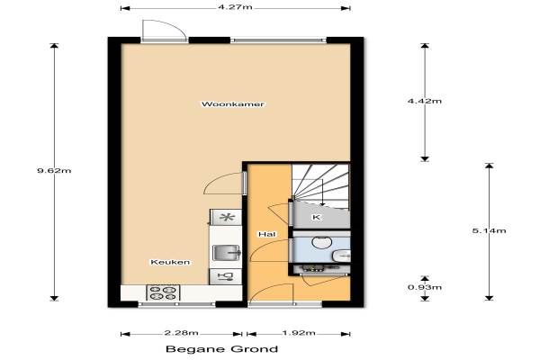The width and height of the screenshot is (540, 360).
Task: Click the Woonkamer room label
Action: (x=233, y=104)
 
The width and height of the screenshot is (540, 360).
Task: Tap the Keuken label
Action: (x=170, y=262)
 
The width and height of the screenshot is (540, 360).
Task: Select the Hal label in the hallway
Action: (x=267, y=234)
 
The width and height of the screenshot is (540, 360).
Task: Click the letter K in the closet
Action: (x=316, y=217)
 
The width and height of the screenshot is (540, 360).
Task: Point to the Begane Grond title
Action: (x=221, y=349)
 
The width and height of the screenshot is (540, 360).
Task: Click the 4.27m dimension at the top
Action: (x=235, y=7)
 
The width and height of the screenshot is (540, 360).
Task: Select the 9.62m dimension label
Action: (x=54, y=170)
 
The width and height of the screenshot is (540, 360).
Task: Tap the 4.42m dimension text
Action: (x=425, y=101)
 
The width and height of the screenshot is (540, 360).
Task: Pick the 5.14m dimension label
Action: (x=490, y=230)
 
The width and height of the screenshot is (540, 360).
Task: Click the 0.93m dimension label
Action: (x=425, y=287)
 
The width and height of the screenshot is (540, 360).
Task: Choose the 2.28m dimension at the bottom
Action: (x=182, y=333)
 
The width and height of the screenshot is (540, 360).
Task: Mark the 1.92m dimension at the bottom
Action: (x=299, y=333)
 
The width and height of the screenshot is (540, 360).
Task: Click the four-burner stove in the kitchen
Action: (x=163, y=292)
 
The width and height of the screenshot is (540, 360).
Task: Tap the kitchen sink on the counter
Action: (x=226, y=253)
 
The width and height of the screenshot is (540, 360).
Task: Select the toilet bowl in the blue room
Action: (x=322, y=242)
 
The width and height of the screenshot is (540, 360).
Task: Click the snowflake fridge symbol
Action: (x=227, y=218)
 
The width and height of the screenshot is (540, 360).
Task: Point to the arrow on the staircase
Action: (x=322, y=193)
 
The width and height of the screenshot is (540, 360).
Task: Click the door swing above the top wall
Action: (x=165, y=31)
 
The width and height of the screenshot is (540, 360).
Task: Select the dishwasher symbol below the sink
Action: (x=226, y=276)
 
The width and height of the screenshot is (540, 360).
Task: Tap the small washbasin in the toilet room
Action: (x=341, y=256)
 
